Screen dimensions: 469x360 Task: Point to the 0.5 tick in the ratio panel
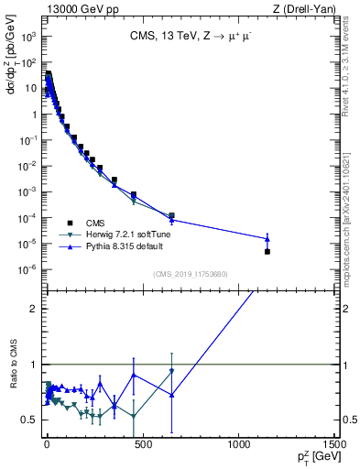click(x=30, y=420)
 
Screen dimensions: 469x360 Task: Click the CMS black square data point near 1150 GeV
click(x=267, y=251)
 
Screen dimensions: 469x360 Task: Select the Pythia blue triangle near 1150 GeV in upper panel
click(x=267, y=238)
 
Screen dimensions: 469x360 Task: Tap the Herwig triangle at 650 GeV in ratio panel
click(x=171, y=371)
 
